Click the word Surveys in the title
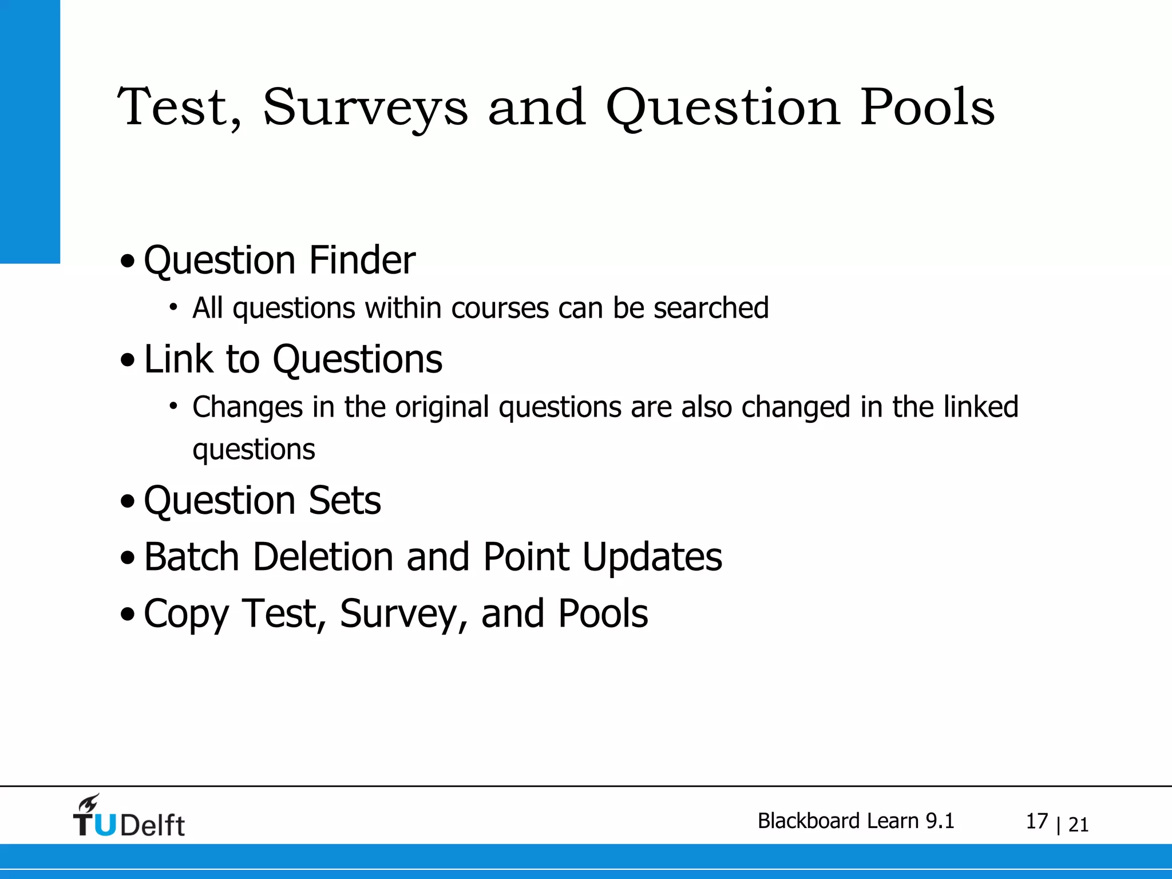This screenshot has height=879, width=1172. (365, 109)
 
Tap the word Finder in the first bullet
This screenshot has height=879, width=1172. (362, 260)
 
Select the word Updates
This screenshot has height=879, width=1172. (652, 557)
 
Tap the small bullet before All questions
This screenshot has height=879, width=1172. (173, 307)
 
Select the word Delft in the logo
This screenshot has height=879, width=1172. (152, 826)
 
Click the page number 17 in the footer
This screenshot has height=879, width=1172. (1036, 822)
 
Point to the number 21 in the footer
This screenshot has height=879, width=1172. (1078, 825)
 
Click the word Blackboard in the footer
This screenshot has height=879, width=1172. (809, 821)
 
